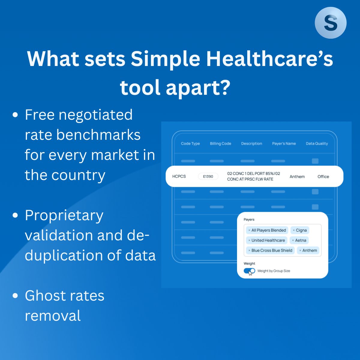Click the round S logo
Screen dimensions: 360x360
[x=331, y=23]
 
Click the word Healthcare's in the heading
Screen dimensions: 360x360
[x=270, y=59]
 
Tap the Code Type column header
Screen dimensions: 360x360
[x=190, y=143]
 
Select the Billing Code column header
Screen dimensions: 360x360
[x=220, y=143]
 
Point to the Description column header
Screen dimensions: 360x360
[x=251, y=143]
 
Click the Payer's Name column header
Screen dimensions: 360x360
[x=284, y=143]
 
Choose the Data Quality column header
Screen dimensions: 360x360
[x=317, y=143]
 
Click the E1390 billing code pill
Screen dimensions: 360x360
[x=208, y=176]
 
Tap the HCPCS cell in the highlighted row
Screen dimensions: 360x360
[x=179, y=176]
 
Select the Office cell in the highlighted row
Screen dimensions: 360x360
[x=323, y=176]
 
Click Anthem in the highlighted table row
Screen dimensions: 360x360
[x=297, y=176]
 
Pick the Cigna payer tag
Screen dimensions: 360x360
[x=300, y=230]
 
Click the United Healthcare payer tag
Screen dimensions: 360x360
[x=267, y=240]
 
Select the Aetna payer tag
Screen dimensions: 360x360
[x=299, y=240]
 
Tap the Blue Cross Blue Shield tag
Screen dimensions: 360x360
[x=270, y=250]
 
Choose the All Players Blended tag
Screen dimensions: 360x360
[x=267, y=230]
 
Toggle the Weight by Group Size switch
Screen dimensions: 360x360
[x=249, y=271]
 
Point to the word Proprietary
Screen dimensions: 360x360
[x=64, y=216]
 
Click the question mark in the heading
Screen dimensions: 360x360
[x=224, y=87]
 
